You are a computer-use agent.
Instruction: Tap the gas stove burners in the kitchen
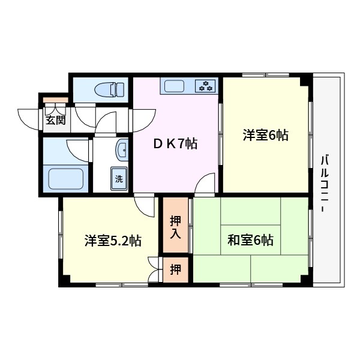pyautogui.click(x=207, y=86)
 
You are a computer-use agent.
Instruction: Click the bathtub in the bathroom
pyautogui.click(x=65, y=178)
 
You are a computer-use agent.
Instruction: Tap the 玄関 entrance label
pyautogui.click(x=55, y=119)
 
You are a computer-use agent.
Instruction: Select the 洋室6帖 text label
pyautogui.click(x=265, y=135)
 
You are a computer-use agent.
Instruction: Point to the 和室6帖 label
pyautogui.click(x=250, y=240)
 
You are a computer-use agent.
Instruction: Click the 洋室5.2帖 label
pyautogui.click(x=112, y=241)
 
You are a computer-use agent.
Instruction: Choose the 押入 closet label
pyautogui.click(x=175, y=226)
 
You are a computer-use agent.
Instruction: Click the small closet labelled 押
pyautogui.click(x=175, y=269)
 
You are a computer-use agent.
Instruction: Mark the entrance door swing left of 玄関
pyautogui.click(x=30, y=117)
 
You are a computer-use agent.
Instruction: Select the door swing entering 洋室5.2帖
pyautogui.click(x=146, y=207)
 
